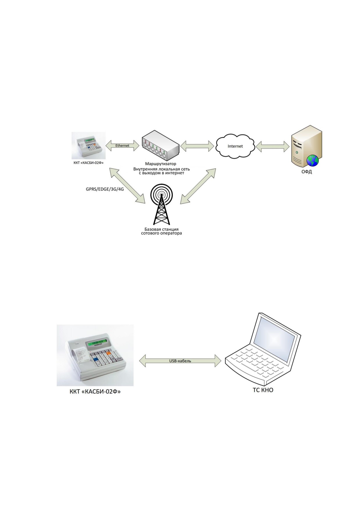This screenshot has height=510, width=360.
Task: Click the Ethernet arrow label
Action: (x=122, y=146)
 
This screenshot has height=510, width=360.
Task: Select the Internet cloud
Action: (x=235, y=147)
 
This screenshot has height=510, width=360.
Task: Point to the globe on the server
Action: (x=313, y=161)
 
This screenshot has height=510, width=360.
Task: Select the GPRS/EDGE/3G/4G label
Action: (x=105, y=189)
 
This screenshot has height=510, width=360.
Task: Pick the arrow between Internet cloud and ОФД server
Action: (x=272, y=146)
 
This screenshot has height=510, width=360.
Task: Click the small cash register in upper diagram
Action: (x=89, y=145)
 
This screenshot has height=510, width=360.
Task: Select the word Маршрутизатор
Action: (x=161, y=164)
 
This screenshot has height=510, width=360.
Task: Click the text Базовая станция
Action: (x=162, y=229)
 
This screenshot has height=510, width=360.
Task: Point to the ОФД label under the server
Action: (x=307, y=172)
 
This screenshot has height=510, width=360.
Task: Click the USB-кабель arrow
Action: (x=180, y=361)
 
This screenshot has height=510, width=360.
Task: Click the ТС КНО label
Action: (x=263, y=390)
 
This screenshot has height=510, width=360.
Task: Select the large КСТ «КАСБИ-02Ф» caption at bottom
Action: (x=95, y=392)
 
